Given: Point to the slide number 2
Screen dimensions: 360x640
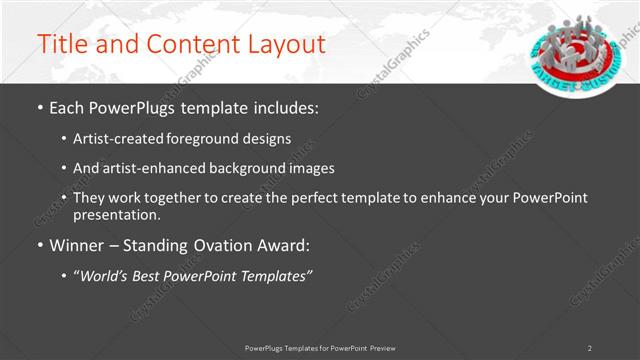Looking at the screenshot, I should [589, 347].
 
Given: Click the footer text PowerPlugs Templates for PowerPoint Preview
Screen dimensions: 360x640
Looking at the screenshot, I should [320, 347].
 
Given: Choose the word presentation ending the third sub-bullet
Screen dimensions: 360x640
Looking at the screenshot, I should [115, 214].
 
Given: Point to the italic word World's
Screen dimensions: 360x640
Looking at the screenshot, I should [106, 275].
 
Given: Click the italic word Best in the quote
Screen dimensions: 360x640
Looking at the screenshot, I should [154, 275].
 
